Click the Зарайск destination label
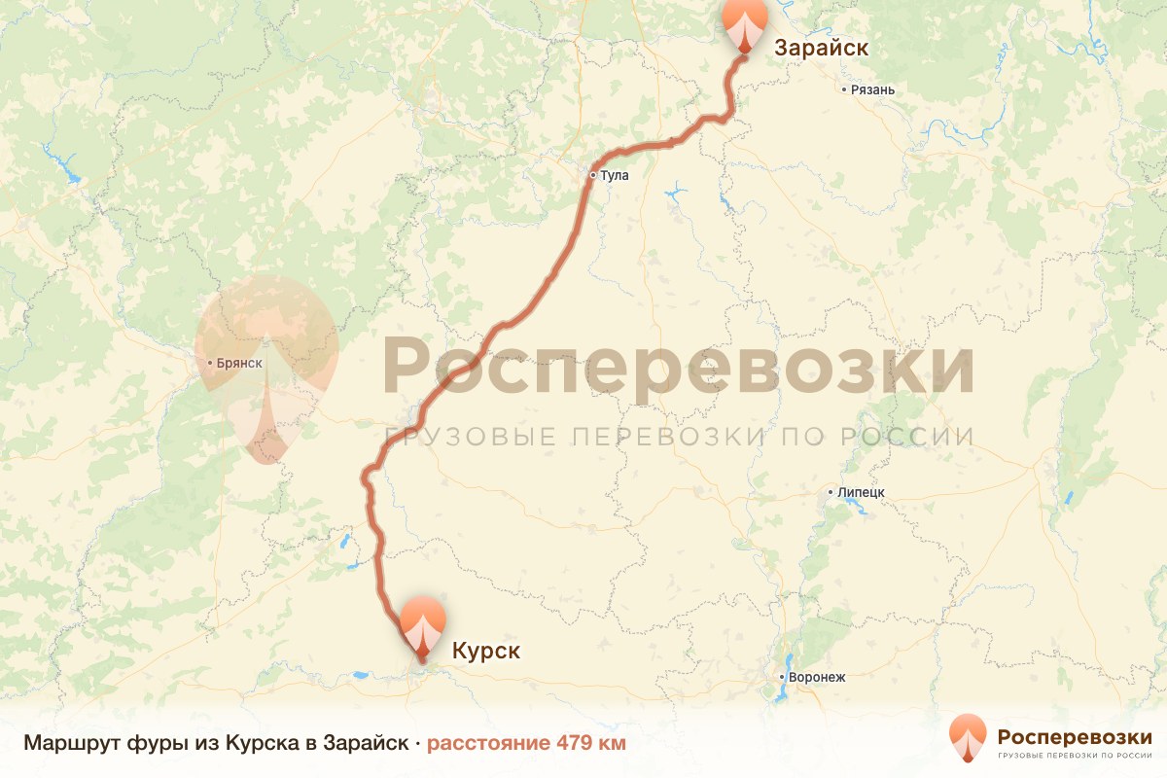pos(821,48)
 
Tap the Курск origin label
pos(485,651)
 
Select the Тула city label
pos(615,176)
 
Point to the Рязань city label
pos(872,90)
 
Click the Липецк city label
pos(861,493)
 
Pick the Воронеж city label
pos(818,677)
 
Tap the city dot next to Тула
pos(592,176)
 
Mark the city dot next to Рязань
pos(844,90)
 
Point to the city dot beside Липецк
pos(831,493)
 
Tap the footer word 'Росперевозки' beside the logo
pos(1075,735)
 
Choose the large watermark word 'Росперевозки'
pos(678,368)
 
